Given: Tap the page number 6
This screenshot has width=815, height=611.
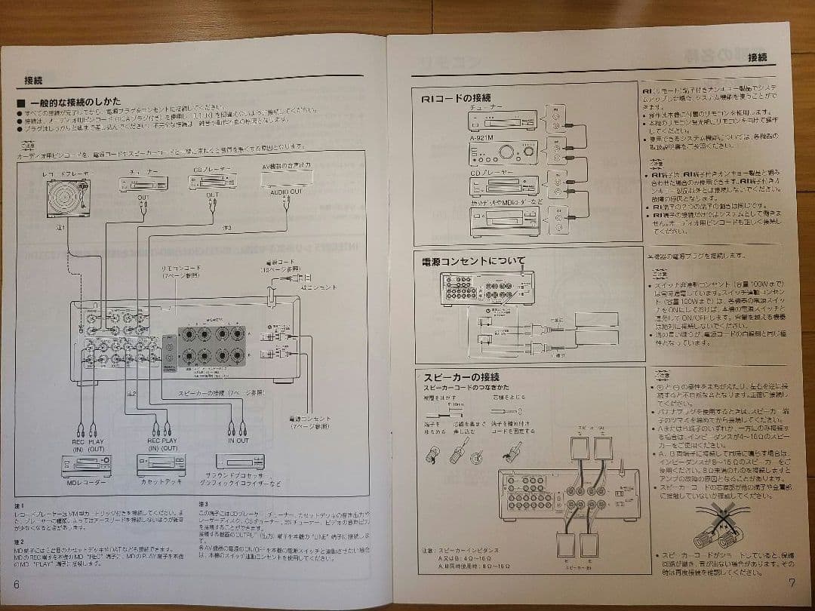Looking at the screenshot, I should (x=16, y=585).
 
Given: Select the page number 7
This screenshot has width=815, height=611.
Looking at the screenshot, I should (x=791, y=582).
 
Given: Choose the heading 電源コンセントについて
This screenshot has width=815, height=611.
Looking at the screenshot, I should (x=473, y=262).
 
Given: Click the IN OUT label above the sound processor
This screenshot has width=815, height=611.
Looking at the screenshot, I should (x=238, y=441).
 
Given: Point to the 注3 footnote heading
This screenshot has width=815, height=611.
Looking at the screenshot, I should (x=204, y=504).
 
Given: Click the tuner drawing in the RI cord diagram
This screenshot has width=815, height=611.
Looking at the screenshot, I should (x=502, y=119).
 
